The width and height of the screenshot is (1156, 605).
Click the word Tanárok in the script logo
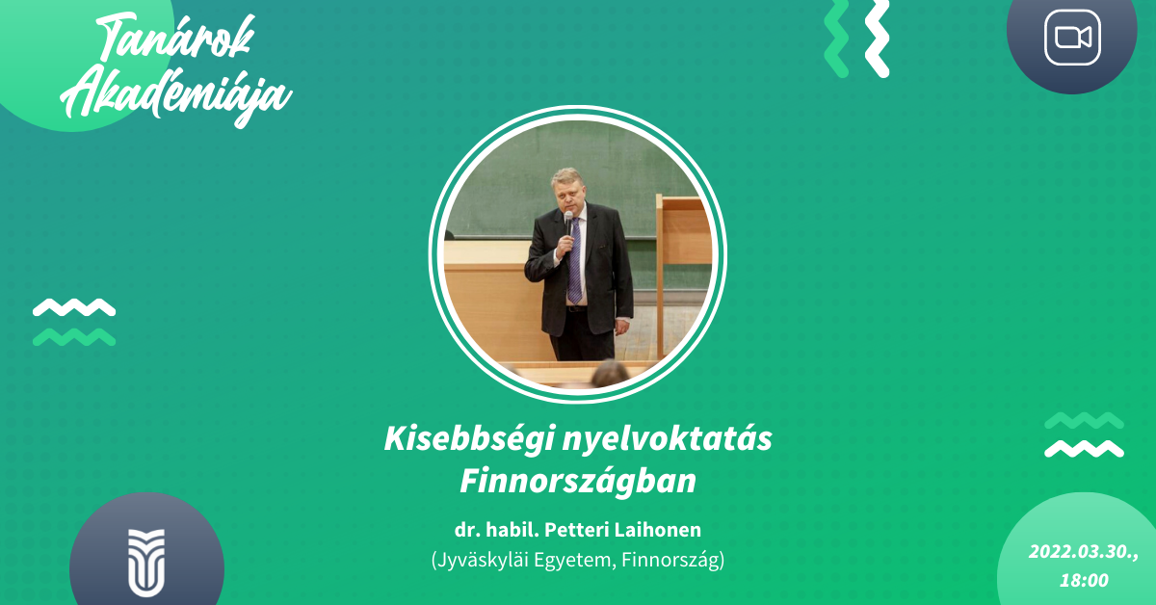(x=175, y=39)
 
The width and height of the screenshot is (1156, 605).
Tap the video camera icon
(x=1072, y=38)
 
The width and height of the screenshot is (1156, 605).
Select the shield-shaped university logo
(x=146, y=563)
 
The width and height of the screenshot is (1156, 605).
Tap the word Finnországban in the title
(x=578, y=482)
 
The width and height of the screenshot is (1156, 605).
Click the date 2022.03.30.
(x=1083, y=552)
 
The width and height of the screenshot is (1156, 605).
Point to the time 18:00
(x=1084, y=580)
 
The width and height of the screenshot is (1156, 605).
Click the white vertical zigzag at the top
(x=877, y=38)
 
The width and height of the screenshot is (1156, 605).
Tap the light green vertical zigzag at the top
(x=836, y=38)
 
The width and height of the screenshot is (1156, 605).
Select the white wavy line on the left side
(x=74, y=307)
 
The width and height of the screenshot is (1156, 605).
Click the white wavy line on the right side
(x=1085, y=449)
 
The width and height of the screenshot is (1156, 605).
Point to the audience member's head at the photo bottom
(x=611, y=373)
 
